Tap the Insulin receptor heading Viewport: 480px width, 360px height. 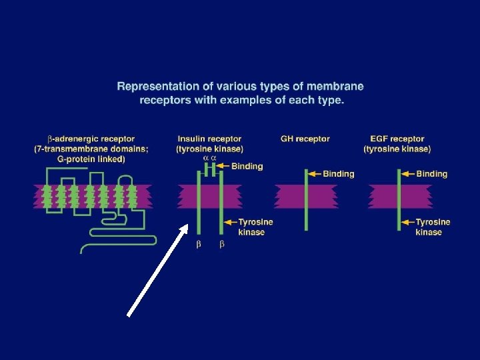(x=209, y=139)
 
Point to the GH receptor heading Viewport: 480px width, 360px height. (x=305, y=139)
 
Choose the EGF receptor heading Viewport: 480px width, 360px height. (x=397, y=139)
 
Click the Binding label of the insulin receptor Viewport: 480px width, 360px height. (x=247, y=166)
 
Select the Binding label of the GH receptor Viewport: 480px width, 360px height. (x=339, y=174)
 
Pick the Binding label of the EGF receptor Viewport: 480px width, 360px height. (x=431, y=174)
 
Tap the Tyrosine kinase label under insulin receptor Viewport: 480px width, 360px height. (x=255, y=227)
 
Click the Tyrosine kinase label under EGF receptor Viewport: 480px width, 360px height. (x=433, y=227)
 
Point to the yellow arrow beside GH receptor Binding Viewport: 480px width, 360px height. (x=315, y=174)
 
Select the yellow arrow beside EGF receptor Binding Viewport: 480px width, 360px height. (x=407, y=174)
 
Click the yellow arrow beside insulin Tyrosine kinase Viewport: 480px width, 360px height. (x=230, y=222)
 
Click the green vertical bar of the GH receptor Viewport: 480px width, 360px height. (x=306, y=200)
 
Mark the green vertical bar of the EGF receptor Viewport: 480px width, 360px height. (x=399, y=200)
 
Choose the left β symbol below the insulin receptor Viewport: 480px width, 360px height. (x=199, y=245)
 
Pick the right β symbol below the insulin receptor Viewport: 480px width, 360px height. (x=222, y=245)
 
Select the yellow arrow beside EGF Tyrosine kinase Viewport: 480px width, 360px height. (x=407, y=222)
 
